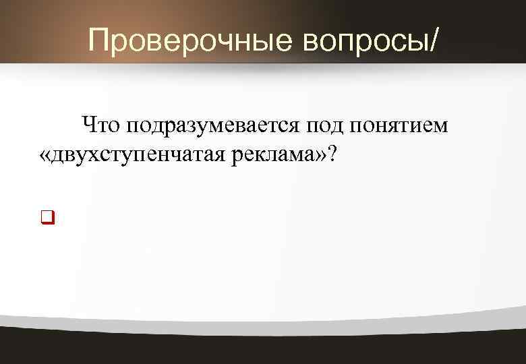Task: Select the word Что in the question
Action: [x=100, y=125]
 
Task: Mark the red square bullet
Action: [x=47, y=217]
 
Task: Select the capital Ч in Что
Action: [x=88, y=125]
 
